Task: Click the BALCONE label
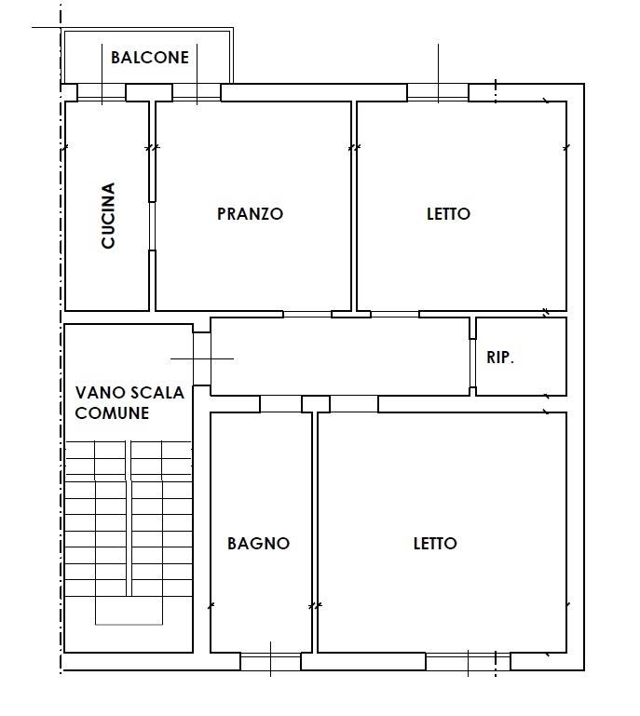pos(150,58)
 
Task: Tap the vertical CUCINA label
pos(108,215)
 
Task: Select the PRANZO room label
pos(250,214)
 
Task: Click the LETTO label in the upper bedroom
pos(448,214)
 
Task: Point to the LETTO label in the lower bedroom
pos(435,544)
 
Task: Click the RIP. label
pos(500,358)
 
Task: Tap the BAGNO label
pos(259,544)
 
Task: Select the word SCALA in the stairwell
pos(157,393)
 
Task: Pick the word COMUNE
pos(112,413)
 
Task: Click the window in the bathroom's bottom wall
pos(270,661)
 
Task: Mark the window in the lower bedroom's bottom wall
pos(468,661)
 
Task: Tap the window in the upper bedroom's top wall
pos(438,93)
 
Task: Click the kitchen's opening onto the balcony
pos(102,93)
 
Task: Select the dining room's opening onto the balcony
pos(197,93)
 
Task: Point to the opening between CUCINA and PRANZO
pos(152,226)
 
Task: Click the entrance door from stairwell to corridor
pos(201,358)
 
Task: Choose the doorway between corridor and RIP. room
pos(472,363)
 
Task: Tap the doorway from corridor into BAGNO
pos(280,404)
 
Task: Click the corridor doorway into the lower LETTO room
pos(354,404)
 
